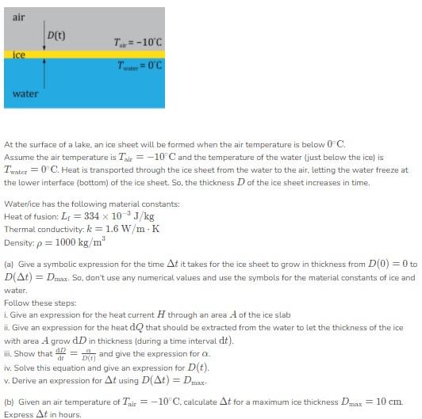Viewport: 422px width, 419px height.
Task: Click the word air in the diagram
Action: [17, 16]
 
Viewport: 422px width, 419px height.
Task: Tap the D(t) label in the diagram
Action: [56, 35]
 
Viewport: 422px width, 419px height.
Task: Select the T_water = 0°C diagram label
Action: [138, 65]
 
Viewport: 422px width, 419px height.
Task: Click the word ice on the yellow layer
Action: [20, 55]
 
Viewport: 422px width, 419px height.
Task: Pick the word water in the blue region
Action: [25, 94]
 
